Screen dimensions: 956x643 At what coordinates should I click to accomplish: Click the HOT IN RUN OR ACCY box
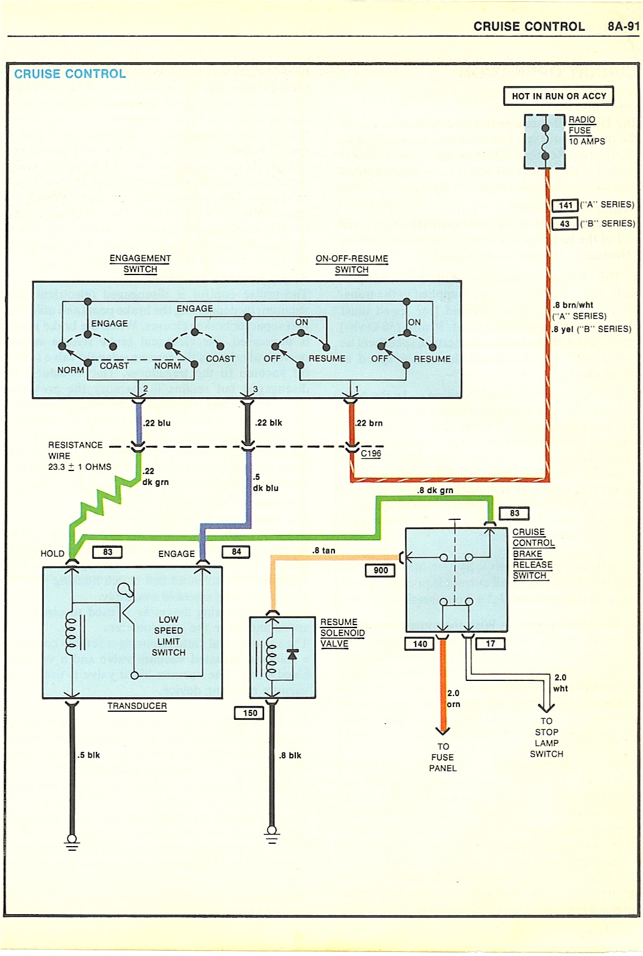tap(558, 96)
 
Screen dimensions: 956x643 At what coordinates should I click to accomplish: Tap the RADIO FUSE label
tap(581, 125)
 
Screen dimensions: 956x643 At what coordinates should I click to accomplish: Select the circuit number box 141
tap(565, 205)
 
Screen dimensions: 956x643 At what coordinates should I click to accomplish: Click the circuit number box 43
tap(565, 224)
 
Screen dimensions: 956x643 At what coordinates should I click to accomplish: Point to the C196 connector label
tap(371, 454)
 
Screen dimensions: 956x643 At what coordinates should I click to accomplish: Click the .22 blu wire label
tap(157, 423)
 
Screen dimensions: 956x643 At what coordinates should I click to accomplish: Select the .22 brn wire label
tap(369, 423)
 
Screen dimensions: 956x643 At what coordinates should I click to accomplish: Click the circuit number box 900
tap(381, 570)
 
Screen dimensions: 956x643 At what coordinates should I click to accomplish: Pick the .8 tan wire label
tap(324, 550)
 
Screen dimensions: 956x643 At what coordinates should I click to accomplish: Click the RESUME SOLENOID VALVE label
tap(342, 633)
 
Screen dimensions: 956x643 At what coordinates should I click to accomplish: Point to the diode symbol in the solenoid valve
tap(292, 655)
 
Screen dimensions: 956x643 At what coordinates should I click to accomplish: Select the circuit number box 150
tap(250, 713)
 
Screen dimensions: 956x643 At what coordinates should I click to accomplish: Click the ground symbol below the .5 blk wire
tap(72, 842)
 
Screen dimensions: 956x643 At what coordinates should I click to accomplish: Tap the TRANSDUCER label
tap(137, 706)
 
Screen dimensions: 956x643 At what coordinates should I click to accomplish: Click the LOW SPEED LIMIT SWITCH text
tap(169, 636)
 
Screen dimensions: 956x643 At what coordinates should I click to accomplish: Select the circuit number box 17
tap(491, 644)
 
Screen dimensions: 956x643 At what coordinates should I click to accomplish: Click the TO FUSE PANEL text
tap(443, 757)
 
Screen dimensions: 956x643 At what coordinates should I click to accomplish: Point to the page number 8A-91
tap(623, 27)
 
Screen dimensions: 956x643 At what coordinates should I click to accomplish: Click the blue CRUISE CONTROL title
tap(70, 74)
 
